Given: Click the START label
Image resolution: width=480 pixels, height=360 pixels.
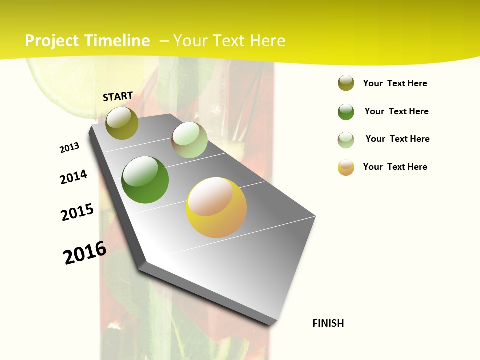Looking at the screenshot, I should pyautogui.click(x=118, y=96).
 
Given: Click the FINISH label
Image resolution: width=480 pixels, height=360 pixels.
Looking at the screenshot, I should pyautogui.click(x=328, y=323).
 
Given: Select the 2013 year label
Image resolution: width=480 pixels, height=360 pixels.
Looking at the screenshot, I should pyautogui.click(x=70, y=148).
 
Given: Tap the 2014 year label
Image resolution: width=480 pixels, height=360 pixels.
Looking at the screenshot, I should pyautogui.click(x=74, y=177).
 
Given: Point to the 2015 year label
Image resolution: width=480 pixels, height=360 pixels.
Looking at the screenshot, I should pyautogui.click(x=77, y=212).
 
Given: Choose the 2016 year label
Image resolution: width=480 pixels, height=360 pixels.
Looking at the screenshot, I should pyautogui.click(x=85, y=252).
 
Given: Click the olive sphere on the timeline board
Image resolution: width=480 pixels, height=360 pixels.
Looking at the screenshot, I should pyautogui.click(x=122, y=123).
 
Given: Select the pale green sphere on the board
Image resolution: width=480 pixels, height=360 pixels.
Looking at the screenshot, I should pyautogui.click(x=189, y=140).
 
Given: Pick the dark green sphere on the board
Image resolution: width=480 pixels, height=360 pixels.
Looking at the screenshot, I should pyautogui.click(x=145, y=180).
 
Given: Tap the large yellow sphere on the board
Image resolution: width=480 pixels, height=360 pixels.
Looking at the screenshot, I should pyautogui.click(x=216, y=207).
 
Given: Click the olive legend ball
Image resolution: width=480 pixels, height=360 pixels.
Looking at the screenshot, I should pyautogui.click(x=346, y=83).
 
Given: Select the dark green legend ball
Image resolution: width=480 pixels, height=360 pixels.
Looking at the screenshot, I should pyautogui.click(x=346, y=112).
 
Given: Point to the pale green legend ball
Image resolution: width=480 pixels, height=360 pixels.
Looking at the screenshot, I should pyautogui.click(x=346, y=140).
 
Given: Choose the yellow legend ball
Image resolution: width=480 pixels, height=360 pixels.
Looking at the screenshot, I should pyautogui.click(x=346, y=167).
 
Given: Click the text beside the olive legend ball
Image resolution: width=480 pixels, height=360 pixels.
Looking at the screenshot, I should pyautogui.click(x=395, y=83).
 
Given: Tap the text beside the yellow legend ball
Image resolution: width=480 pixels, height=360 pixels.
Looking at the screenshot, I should pyautogui.click(x=395, y=167).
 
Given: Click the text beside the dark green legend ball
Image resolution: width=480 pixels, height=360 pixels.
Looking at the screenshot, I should pyautogui.click(x=396, y=111).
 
